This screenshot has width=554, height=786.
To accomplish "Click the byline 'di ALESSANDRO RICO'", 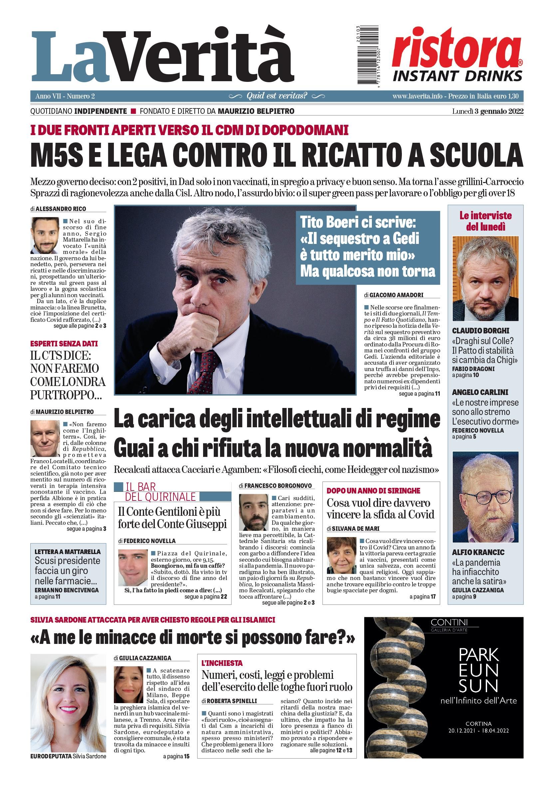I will tap(58, 209).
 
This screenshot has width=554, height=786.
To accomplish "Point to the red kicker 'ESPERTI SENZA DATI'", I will tap(64, 343).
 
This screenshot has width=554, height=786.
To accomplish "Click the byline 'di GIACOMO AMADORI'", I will tap(394, 295).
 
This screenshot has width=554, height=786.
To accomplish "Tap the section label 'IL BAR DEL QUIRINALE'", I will tap(159, 492).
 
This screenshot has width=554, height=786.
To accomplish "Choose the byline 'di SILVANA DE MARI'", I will tap(353, 528).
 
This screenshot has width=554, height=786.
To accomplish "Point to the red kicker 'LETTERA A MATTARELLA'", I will tap(68, 551).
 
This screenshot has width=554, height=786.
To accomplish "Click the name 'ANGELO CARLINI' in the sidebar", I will tap(480, 392).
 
